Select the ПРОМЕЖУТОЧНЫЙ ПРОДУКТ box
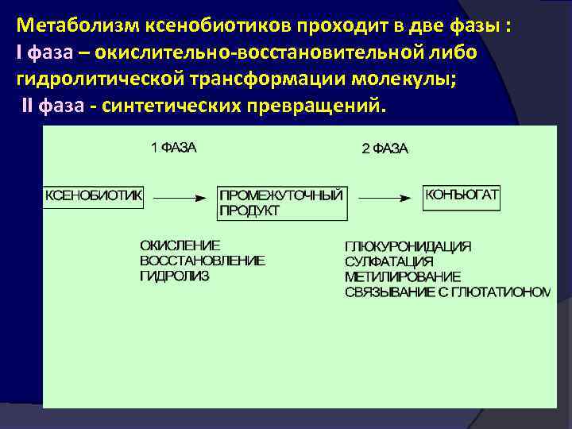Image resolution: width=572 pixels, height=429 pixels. pos(281,203)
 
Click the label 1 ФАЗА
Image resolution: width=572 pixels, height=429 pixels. pos(174,148)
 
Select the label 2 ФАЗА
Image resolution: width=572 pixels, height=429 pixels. pos(385,149)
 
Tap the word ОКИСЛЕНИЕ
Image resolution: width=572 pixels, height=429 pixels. pos(180,245)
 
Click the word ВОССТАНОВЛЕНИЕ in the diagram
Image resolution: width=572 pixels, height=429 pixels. pos(202,260)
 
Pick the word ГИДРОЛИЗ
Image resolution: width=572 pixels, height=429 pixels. pos(175,275)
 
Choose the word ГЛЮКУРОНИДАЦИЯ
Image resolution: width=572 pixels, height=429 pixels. pos(408,246)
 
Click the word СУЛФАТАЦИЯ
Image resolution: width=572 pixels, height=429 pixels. pos(389,261)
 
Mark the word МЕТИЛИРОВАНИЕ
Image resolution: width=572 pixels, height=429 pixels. pos(402,276)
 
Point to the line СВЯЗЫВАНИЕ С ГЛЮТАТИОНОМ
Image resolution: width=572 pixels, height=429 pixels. pos(447,292)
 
